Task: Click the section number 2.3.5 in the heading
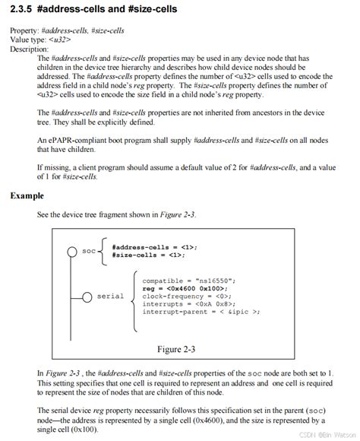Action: (24, 11)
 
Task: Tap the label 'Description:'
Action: (29, 49)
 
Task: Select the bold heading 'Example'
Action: (27, 195)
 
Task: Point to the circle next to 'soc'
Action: (72, 252)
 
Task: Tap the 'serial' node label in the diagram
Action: (110, 296)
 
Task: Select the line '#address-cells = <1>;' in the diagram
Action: (154, 247)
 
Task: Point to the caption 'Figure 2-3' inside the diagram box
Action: (176, 350)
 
